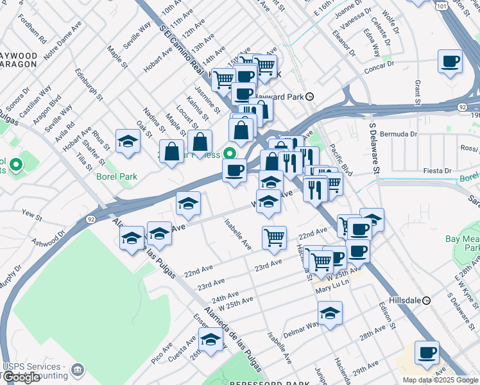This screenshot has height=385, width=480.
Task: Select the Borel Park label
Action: (x=117, y=176)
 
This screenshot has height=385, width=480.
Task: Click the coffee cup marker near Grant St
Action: (x=450, y=62)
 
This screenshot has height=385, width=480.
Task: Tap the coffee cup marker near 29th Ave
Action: (x=427, y=352)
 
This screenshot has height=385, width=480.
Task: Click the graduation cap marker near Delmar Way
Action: (x=330, y=313)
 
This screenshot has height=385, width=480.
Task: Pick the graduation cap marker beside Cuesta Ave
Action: (x=210, y=339)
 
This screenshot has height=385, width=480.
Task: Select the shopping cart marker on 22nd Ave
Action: (x=274, y=237)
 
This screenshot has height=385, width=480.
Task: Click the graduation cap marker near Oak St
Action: (x=128, y=142)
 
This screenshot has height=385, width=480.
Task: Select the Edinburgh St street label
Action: (x=88, y=85)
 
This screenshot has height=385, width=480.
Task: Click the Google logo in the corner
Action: (x=21, y=377)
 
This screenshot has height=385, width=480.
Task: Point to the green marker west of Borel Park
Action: (x=17, y=165)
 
